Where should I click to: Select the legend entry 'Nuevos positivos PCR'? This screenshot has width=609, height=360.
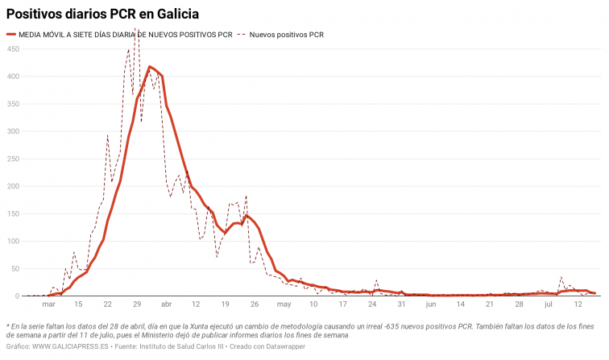[286, 35]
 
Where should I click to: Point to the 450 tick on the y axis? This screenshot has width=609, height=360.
[13, 49]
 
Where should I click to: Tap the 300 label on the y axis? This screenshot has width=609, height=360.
[13, 131]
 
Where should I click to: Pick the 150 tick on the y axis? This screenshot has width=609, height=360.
[13, 213]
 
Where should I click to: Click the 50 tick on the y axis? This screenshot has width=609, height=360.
[14, 268]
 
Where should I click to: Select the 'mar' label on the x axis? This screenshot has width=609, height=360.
[48, 304]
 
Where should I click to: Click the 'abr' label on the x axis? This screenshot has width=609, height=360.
[167, 304]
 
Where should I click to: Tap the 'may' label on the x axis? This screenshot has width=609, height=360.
[284, 304]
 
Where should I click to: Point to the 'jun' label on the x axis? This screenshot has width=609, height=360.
[431, 304]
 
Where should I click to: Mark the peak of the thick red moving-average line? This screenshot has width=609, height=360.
[151, 67]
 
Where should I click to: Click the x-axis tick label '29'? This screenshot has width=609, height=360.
[137, 304]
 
